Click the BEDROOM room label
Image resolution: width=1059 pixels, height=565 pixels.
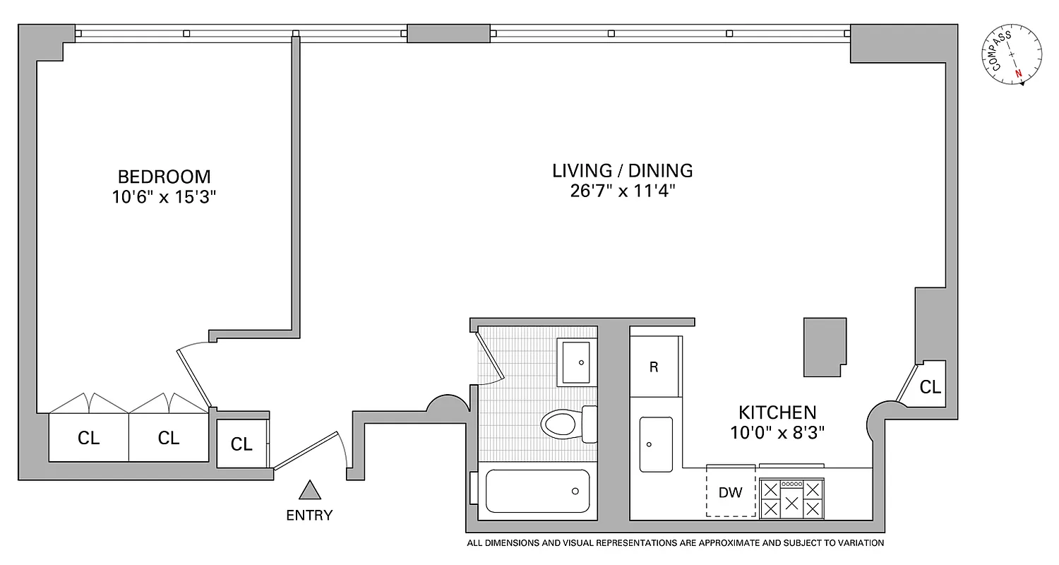(x=164, y=176)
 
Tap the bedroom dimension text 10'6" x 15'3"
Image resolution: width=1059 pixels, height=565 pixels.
(x=164, y=197)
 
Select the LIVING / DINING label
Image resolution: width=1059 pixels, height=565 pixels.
(x=622, y=170)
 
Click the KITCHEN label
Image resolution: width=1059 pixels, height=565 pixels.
(x=777, y=412)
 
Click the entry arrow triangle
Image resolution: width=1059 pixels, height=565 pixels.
(x=309, y=489)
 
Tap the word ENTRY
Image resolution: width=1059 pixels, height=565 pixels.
(x=309, y=516)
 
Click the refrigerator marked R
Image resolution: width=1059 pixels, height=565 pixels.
(x=654, y=367)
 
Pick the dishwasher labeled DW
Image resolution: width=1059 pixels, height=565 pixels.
(x=731, y=493)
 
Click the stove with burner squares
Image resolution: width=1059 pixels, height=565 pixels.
(x=791, y=499)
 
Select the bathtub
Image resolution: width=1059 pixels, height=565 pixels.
(x=537, y=491)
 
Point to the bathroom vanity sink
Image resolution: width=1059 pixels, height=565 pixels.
(x=577, y=362)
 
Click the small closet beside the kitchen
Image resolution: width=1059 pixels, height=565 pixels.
(x=931, y=386)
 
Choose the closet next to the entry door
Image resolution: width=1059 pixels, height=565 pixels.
(x=241, y=444)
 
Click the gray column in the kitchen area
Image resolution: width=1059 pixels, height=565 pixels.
(x=825, y=346)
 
